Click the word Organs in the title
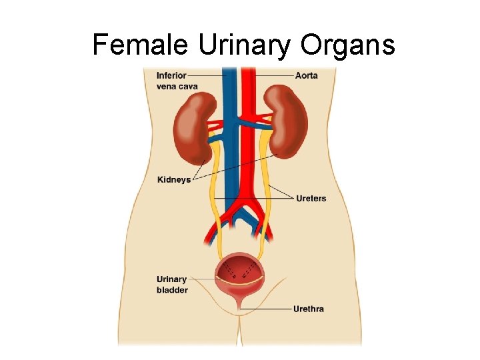pos(347,45)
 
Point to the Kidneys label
pos(174,179)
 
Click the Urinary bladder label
pos(172,284)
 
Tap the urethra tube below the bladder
pos(239,305)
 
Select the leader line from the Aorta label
pos(273,75)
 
